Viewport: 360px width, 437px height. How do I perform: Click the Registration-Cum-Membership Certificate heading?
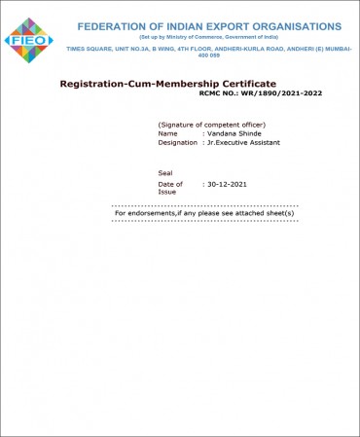pyautogui.click(x=167, y=84)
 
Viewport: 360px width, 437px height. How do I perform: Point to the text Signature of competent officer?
pyautogui.click(x=211, y=126)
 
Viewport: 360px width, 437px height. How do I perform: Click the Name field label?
pyautogui.click(x=168, y=133)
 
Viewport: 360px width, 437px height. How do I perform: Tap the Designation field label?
pyautogui.click(x=179, y=142)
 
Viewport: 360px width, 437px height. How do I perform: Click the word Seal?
pyautogui.click(x=164, y=172)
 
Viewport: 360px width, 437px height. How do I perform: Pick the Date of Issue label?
pyautogui.click(x=170, y=187)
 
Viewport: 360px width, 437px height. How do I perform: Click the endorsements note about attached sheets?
pyautogui.click(x=204, y=213)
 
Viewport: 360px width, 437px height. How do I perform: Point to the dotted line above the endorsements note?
pyautogui.click(x=204, y=206)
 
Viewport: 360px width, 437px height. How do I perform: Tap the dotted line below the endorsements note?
pyautogui.click(x=204, y=221)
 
